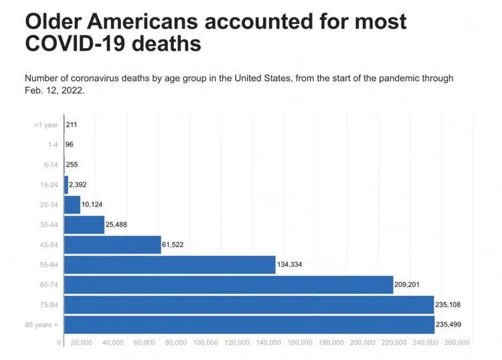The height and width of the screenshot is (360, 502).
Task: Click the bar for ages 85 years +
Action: pyautogui.click(x=249, y=325)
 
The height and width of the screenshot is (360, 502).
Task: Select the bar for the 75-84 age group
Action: pyautogui.click(x=249, y=304)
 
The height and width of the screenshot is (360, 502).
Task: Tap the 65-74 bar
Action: pyautogui.click(x=228, y=284)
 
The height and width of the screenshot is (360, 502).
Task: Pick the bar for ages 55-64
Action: pyautogui.click(x=170, y=265)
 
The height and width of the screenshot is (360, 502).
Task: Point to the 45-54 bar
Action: pyautogui.click(x=112, y=245)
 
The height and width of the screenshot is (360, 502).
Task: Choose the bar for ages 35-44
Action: pyautogui.click(x=84, y=225)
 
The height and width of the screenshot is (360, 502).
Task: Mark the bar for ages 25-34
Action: pyautogui.click(x=72, y=205)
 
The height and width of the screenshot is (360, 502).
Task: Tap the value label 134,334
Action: pyautogui.click(x=290, y=265)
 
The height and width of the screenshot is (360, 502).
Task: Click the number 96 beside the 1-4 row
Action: pyautogui.click(x=70, y=145)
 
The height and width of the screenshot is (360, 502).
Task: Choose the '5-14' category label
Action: pyautogui.click(x=51, y=165)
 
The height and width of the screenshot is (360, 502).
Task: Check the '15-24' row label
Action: pyautogui.click(x=50, y=185)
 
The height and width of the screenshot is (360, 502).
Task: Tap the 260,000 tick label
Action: pyautogui.click(x=456, y=343)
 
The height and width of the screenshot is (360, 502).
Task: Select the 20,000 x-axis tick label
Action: pyautogui.click(x=81, y=343)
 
